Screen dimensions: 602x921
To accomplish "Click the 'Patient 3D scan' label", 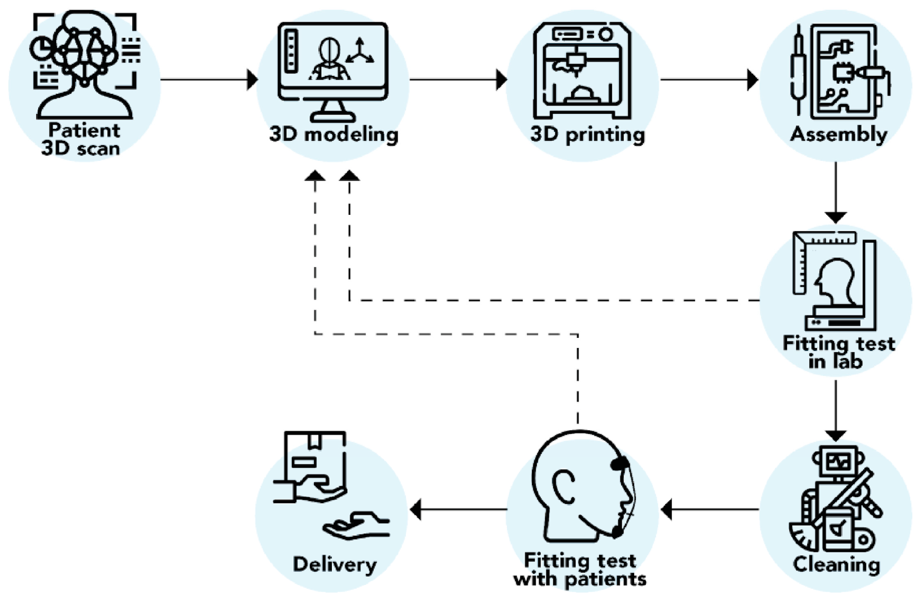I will [83, 139].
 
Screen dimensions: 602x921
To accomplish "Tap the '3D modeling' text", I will [334, 135].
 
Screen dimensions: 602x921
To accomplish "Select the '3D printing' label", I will [587, 135].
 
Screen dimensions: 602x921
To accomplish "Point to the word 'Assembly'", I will [838, 135].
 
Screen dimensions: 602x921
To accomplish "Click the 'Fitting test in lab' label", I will [838, 352].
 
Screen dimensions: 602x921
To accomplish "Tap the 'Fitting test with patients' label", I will [580, 570].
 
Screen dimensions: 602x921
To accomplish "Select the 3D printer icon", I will [583, 70].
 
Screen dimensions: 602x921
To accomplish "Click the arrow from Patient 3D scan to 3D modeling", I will [209, 80].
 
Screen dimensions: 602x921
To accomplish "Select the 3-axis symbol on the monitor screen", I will [360, 52].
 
